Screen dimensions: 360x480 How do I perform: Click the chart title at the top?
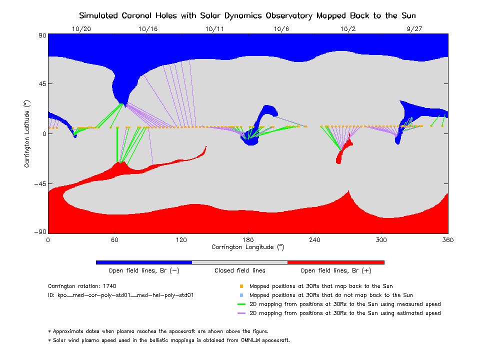click(x=247, y=15)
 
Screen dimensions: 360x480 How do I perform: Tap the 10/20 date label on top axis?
click(x=81, y=29)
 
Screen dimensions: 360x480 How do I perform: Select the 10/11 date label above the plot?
click(x=214, y=29)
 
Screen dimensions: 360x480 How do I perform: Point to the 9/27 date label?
click(x=414, y=29)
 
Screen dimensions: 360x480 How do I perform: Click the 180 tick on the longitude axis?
click(x=248, y=239)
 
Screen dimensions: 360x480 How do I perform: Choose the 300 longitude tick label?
click(x=381, y=239)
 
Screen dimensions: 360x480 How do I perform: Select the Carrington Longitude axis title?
click(x=247, y=247)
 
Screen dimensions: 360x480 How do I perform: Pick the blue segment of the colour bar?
click(x=144, y=262)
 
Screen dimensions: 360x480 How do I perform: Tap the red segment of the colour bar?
click(x=335, y=262)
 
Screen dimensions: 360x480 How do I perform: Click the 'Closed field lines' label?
click(x=240, y=270)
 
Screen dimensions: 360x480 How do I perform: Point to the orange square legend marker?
click(x=241, y=286)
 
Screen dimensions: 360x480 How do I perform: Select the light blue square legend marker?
click(x=241, y=295)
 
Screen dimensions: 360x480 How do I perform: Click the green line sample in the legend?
click(x=241, y=304)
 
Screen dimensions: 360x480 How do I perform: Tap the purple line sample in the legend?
click(x=241, y=313)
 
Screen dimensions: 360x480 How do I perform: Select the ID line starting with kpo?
click(x=121, y=295)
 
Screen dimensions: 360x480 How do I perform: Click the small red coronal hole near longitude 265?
click(x=340, y=154)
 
